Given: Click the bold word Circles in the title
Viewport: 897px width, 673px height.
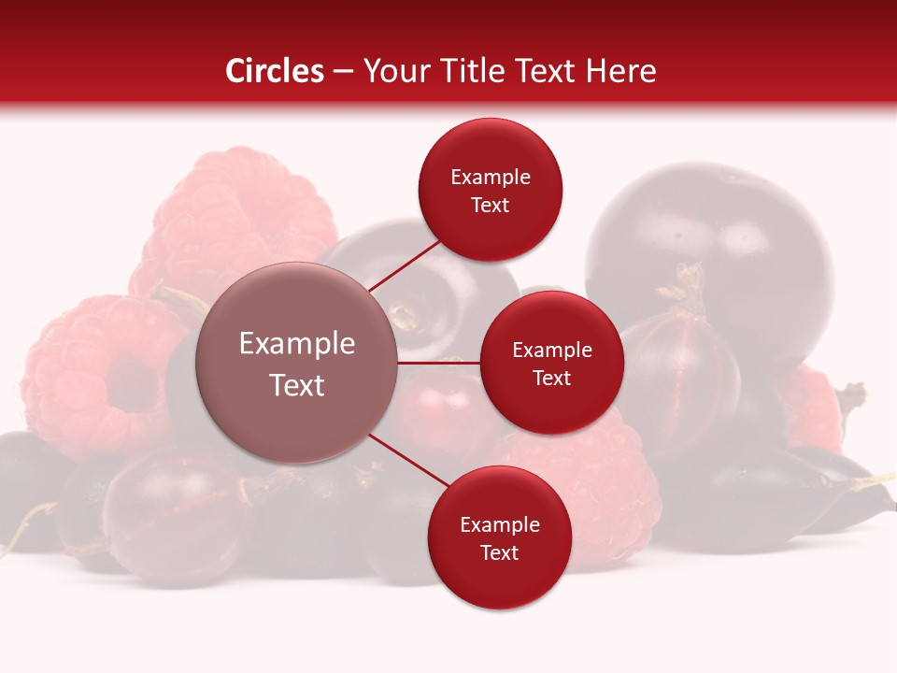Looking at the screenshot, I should (275, 71).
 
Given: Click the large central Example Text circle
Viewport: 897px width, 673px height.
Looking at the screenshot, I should (297, 363).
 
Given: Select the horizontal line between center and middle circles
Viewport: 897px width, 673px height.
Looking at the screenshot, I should (439, 363).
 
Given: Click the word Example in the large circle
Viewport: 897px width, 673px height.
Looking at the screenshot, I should (297, 344).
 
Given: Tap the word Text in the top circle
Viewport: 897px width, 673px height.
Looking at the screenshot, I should (491, 206).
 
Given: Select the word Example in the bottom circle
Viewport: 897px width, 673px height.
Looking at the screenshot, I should (499, 524).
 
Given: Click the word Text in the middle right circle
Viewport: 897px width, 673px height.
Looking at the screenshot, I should (551, 378).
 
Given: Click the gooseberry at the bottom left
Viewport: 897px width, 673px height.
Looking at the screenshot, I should (173, 514).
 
